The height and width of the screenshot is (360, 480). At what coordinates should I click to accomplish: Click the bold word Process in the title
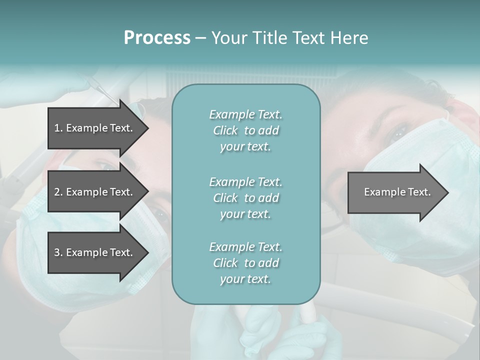click(x=157, y=38)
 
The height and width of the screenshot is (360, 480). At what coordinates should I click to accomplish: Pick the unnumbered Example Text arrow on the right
click(x=397, y=192)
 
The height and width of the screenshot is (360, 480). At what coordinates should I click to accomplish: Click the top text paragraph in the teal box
click(x=245, y=130)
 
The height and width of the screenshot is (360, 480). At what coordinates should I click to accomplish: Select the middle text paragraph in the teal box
click(x=245, y=197)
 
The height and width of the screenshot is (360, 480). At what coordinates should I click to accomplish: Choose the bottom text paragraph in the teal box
click(x=245, y=263)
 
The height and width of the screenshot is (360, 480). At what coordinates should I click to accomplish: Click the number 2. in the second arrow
click(x=58, y=192)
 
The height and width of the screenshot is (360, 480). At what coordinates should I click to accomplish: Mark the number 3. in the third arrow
click(x=58, y=252)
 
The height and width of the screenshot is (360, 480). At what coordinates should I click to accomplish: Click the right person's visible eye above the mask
click(x=399, y=132)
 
